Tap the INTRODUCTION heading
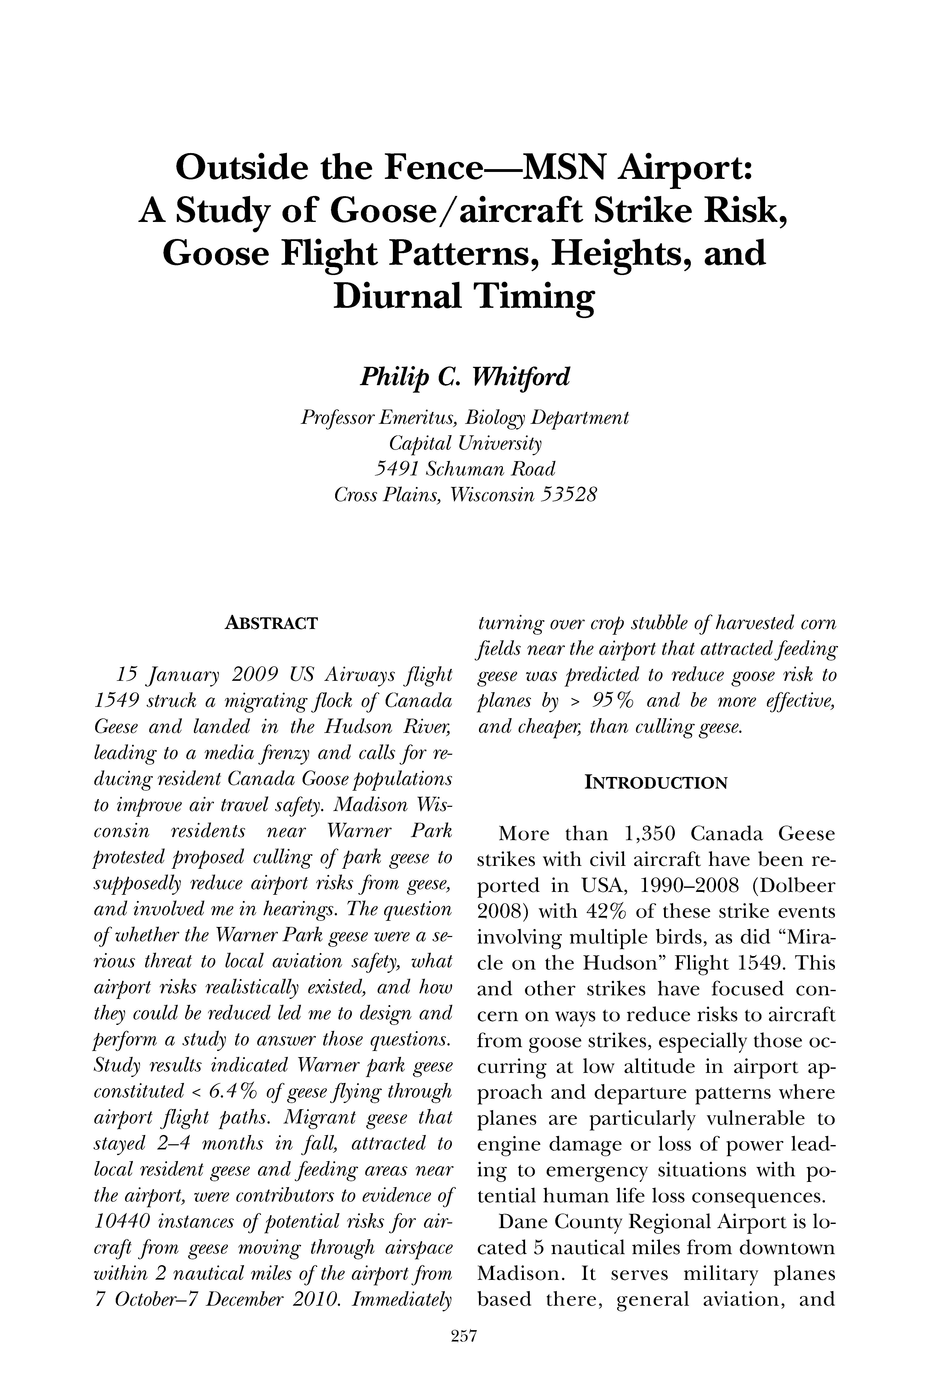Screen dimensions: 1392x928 coord(656,783)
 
